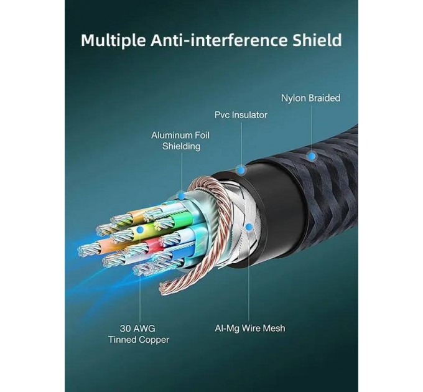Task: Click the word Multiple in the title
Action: click(x=113, y=40)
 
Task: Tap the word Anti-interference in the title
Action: click(x=219, y=40)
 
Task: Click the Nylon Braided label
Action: click(x=310, y=98)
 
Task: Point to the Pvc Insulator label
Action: click(x=241, y=115)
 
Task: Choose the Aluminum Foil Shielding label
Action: click(x=180, y=141)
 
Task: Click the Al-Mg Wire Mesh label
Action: click(x=250, y=329)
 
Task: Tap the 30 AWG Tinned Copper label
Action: click(x=139, y=334)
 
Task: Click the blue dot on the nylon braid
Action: click(x=312, y=156)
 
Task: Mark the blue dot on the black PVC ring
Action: click(x=241, y=170)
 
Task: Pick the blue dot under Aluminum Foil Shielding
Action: click(x=182, y=195)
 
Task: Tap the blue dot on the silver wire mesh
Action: click(x=249, y=226)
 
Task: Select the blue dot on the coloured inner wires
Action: click(x=140, y=230)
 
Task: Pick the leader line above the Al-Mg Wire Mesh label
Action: click(x=249, y=276)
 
